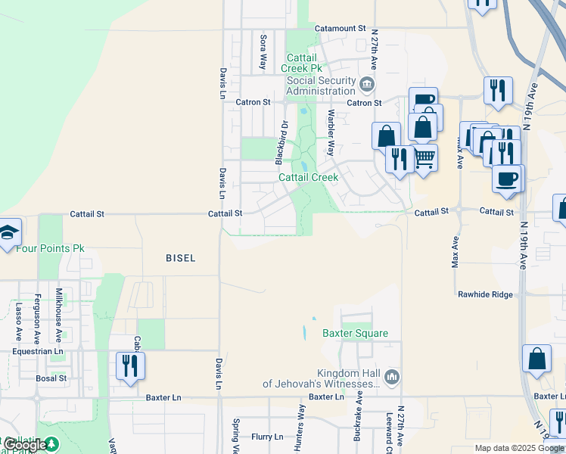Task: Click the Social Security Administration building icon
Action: [x=367, y=83]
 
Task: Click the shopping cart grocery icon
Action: [x=424, y=157]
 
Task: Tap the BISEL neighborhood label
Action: [x=181, y=258]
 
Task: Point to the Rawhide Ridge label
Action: [x=485, y=294]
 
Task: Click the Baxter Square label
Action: [x=355, y=333]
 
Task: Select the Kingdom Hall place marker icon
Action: [x=391, y=376]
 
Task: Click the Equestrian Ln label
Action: [x=38, y=352]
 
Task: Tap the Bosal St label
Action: [x=51, y=378]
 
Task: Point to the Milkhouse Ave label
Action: [x=58, y=306]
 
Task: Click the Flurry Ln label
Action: [x=267, y=437]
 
